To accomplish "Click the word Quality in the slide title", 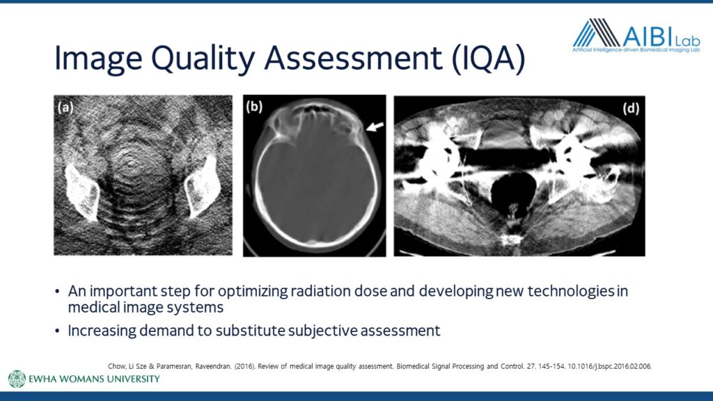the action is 203,58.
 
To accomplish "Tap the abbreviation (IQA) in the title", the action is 488,58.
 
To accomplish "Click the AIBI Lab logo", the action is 636,36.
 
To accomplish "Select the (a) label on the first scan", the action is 65,107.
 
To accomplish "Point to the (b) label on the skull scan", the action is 254,107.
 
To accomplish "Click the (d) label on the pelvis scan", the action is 631,108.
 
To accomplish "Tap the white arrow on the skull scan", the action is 375,127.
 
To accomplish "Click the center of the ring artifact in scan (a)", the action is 132,161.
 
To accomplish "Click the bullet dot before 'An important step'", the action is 57,291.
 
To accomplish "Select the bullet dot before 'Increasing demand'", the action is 57,331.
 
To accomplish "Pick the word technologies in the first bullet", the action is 571,291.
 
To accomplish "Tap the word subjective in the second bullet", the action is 322,331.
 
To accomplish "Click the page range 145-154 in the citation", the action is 551,366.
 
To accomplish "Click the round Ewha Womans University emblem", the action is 17,379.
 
